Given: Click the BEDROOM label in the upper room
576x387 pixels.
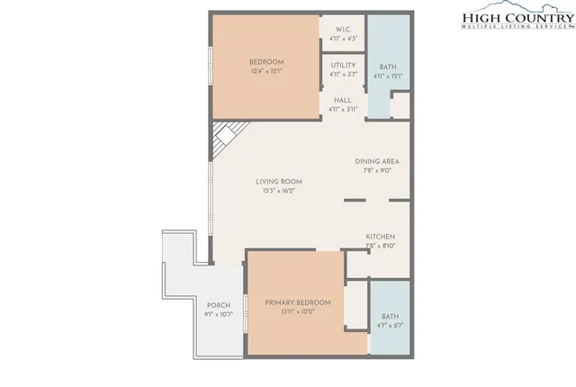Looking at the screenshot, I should click(265, 61).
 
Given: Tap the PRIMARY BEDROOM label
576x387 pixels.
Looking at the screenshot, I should click(297, 302).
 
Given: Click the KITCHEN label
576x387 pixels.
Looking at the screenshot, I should click(381, 237).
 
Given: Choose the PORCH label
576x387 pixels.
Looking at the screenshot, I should click(219, 305).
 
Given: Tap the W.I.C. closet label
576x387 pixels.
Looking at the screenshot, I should click(343, 28).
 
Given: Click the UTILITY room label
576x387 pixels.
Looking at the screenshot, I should click(343, 65).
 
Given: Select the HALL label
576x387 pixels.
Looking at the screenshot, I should click(343, 100).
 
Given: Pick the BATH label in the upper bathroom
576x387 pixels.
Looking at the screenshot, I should click(388, 67).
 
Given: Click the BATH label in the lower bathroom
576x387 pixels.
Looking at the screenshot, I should click(390, 316).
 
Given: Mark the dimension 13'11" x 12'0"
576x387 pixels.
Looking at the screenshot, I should click(297, 312).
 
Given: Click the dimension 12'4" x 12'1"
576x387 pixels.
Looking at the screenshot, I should click(265, 71).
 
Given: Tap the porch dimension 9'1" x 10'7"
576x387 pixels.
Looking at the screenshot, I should click(219, 314).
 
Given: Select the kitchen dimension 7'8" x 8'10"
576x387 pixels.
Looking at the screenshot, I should click(381, 246).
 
